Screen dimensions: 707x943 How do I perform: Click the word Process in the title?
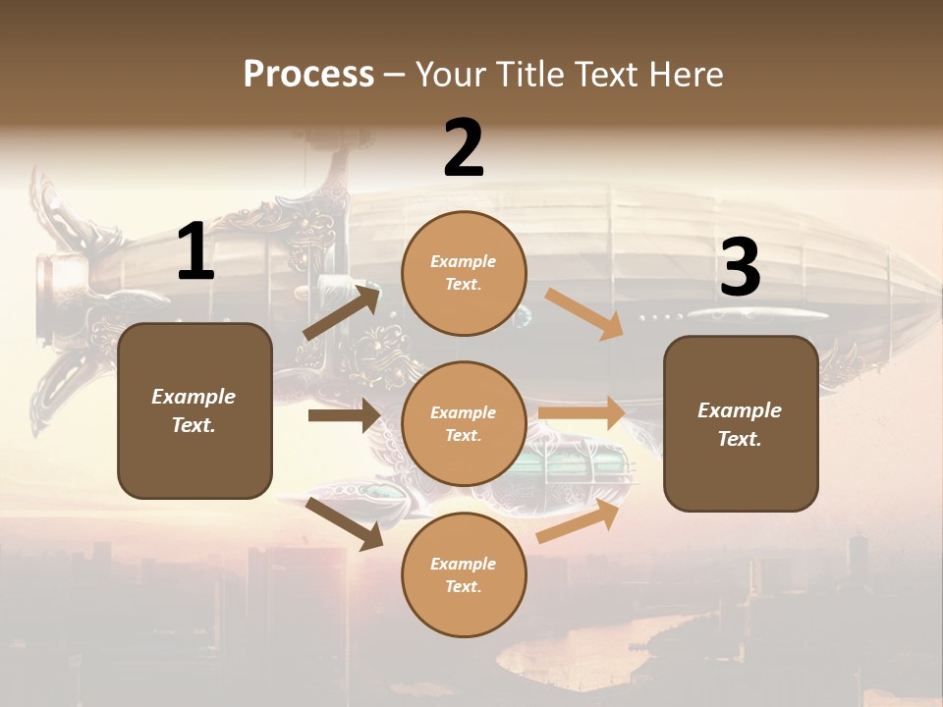[x=308, y=74]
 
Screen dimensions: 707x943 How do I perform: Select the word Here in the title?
[x=685, y=74]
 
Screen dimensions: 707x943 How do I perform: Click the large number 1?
[x=195, y=253]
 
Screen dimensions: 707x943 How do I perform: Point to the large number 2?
[x=464, y=149]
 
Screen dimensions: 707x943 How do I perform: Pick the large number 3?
[x=740, y=268]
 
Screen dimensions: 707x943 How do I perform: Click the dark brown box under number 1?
[x=194, y=410]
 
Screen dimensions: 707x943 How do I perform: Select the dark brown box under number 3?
[x=741, y=423]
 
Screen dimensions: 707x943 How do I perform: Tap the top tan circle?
[x=464, y=273]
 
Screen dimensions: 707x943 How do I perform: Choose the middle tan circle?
[x=464, y=423]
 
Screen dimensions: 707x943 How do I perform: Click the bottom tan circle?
[x=464, y=574]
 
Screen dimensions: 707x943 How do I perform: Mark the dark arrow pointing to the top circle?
[x=342, y=311]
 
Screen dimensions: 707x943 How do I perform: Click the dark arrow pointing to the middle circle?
[x=343, y=415]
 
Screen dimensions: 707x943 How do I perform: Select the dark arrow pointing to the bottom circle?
[x=345, y=523]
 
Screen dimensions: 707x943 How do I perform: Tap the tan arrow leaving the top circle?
[x=583, y=314]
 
